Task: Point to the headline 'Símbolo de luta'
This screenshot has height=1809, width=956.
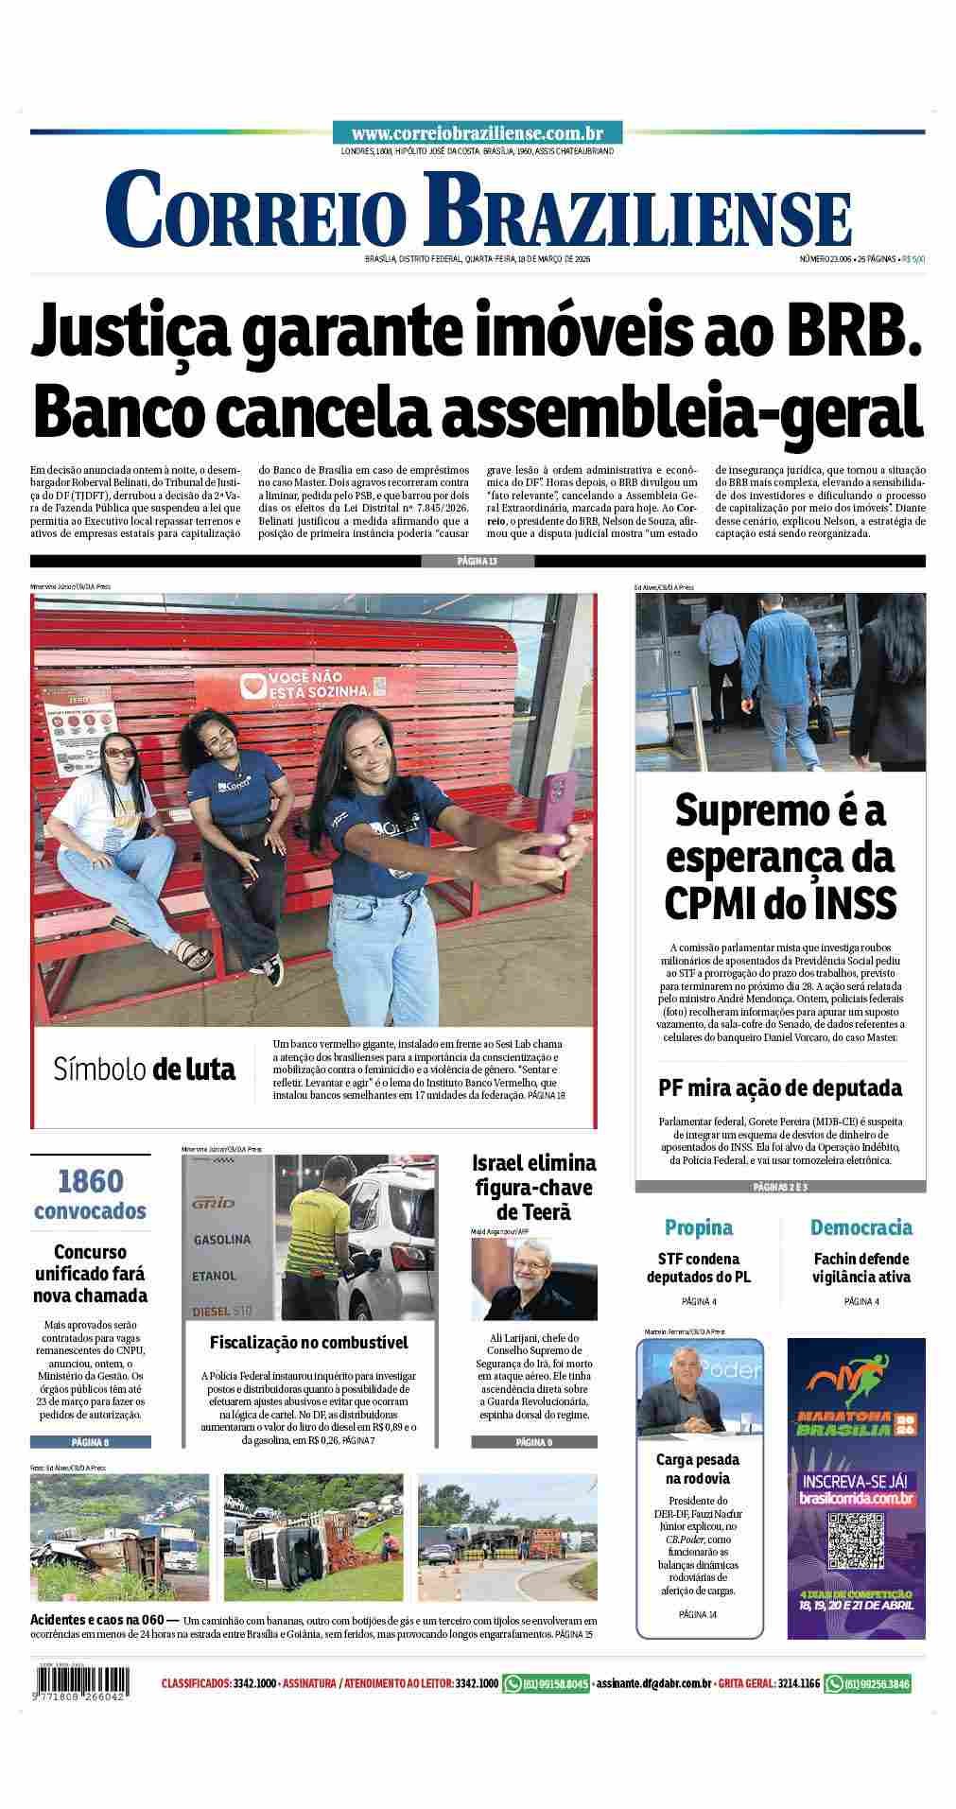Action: [x=145, y=1070]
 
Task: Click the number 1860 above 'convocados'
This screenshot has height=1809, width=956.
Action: [x=90, y=1182]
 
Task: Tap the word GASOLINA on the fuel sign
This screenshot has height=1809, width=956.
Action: [x=222, y=1239]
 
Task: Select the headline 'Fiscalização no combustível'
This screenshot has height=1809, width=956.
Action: [x=309, y=1342]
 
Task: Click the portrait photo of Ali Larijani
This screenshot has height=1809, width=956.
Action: [x=534, y=1278]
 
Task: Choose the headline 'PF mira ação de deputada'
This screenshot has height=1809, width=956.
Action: [x=780, y=1087]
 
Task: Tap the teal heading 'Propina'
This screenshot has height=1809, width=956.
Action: [x=698, y=1227]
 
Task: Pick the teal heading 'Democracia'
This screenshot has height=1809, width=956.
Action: [x=860, y=1227]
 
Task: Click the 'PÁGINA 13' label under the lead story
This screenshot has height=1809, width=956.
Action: [x=478, y=561]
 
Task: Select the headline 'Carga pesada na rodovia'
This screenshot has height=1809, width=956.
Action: [x=698, y=1469]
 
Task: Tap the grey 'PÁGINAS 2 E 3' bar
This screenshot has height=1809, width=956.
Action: [x=780, y=1186]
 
